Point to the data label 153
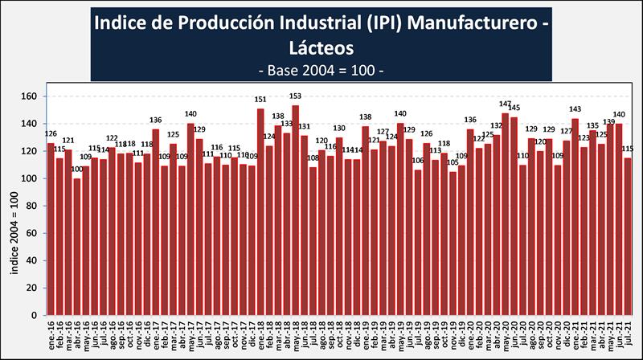296,96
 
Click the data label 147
506,104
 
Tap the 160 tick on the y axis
31,96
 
